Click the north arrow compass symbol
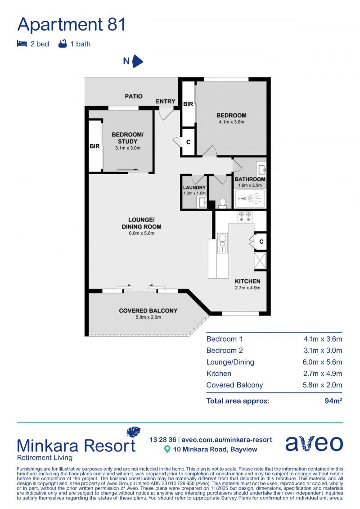(x=138, y=61)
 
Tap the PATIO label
(x=134, y=96)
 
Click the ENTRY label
(x=166, y=101)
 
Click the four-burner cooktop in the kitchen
(x=245, y=216)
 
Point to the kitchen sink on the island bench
(x=223, y=243)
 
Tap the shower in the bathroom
(x=249, y=198)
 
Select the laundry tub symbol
(x=202, y=203)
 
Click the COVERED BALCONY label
(x=148, y=311)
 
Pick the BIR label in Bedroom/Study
(x=94, y=146)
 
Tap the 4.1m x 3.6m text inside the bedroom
(x=231, y=122)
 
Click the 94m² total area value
(x=333, y=401)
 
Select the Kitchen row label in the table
(x=219, y=374)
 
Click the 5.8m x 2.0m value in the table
(x=323, y=385)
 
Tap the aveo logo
(x=314, y=443)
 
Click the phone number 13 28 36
(x=162, y=440)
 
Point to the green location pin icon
(x=167, y=449)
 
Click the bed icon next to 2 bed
(x=22, y=44)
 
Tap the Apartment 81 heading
(x=72, y=24)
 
